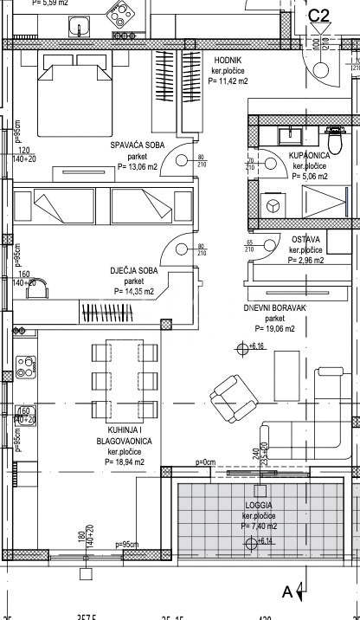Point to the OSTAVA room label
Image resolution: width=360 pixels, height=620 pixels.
pyautogui.click(x=305, y=239)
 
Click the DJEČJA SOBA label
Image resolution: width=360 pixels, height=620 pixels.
pyautogui.click(x=132, y=271)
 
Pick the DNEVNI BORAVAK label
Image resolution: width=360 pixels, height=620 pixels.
pyautogui.click(x=274, y=307)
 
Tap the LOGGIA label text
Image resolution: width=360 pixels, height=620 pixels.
pyautogui.click(x=259, y=504)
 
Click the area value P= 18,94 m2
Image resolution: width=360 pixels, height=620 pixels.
pyautogui.click(x=126, y=462)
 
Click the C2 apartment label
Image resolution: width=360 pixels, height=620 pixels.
pyautogui.click(x=319, y=15)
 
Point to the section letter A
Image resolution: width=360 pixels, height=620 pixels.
pyautogui.click(x=286, y=591)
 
